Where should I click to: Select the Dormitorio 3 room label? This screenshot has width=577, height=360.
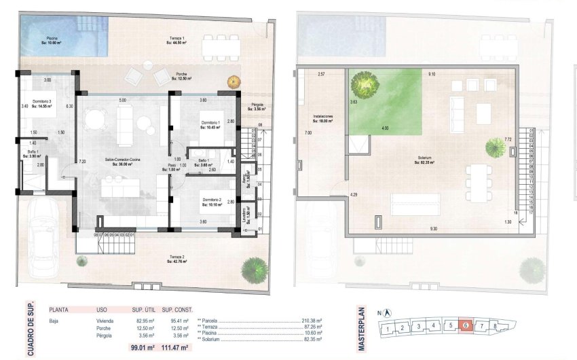click(x=33, y=103)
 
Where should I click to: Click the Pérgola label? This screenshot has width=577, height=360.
click(x=257, y=105)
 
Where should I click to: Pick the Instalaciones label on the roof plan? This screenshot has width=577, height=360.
click(x=322, y=118)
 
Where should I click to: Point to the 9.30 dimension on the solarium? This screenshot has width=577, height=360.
click(x=433, y=229)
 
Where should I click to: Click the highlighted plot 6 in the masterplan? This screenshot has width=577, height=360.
click(x=465, y=326)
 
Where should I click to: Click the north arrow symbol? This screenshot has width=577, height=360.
click(x=386, y=313)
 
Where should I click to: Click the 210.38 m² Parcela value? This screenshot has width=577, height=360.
click(x=311, y=320)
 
